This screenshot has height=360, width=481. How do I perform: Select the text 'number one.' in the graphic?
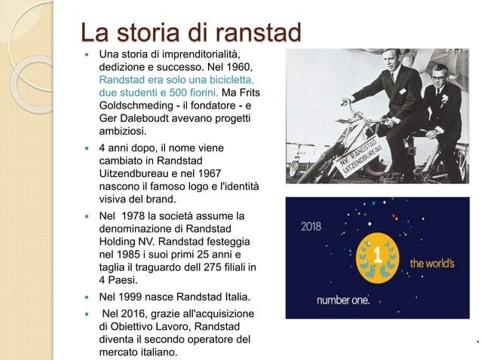[x=343, y=300]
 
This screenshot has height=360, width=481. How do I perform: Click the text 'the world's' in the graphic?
[x=433, y=263]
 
